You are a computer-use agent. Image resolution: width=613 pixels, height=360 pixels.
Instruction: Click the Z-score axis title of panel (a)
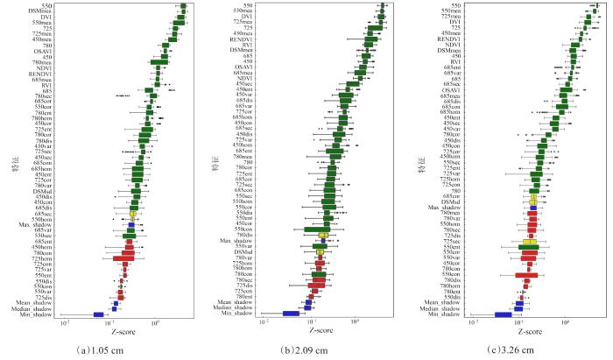tap(123, 332)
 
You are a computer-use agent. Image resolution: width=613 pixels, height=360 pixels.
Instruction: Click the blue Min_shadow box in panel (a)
tap(98, 314)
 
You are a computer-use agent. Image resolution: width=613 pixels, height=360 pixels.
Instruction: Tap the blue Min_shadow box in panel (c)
tap(504, 314)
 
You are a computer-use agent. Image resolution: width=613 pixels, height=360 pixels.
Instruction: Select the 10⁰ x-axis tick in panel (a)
tap(156, 324)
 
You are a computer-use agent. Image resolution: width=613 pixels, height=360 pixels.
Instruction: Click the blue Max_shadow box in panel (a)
tap(130, 225)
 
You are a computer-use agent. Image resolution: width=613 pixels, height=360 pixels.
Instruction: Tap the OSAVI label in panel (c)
tap(451, 89)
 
